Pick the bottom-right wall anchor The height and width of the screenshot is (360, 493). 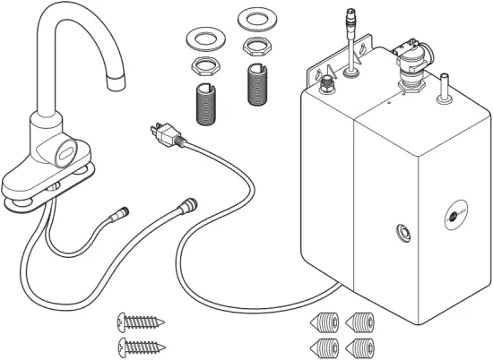tap(360, 346)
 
